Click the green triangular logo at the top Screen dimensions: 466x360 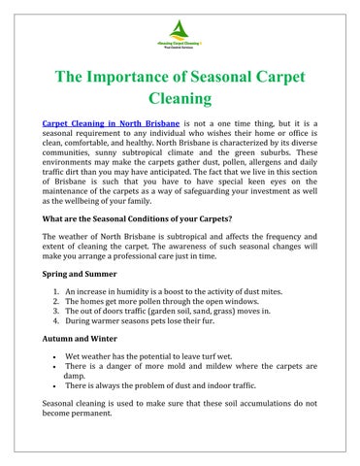click(180, 27)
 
